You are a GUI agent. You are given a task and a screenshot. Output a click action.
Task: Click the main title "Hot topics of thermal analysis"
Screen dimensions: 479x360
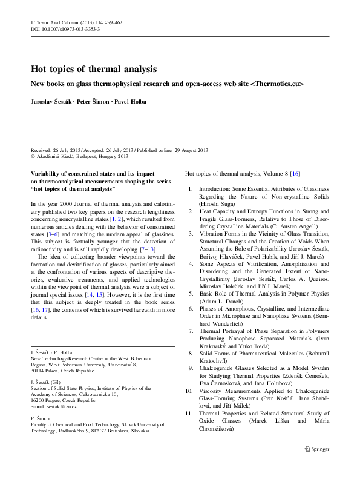94,69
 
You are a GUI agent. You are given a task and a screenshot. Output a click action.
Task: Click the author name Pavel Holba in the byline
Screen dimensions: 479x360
130,101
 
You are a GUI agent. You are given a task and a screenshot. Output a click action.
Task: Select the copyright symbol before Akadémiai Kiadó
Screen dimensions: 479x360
33,156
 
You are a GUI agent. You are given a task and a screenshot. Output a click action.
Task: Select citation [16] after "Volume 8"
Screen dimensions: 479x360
295,174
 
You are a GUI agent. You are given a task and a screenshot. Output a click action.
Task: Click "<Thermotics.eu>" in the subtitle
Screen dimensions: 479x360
277,84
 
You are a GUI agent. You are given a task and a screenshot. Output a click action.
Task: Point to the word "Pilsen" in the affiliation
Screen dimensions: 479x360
56,371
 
